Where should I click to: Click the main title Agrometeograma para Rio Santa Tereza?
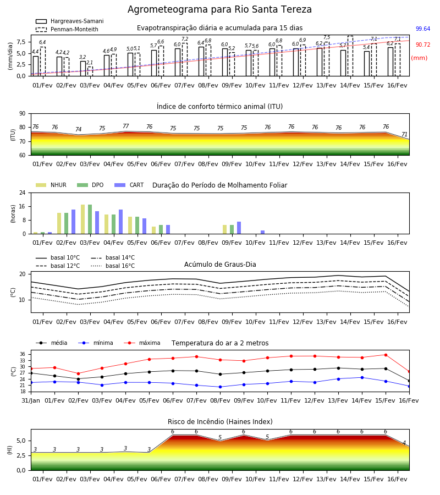(219, 9)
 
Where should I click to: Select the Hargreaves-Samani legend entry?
(69, 21)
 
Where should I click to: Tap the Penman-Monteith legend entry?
(67, 29)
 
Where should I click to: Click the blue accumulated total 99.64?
(423, 29)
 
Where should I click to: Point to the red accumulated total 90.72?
(423, 45)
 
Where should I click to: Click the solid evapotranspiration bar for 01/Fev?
(36, 66)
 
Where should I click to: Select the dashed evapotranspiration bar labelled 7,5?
(327, 59)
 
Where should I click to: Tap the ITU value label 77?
(125, 127)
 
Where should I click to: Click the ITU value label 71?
(404, 135)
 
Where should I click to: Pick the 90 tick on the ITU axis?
(23, 114)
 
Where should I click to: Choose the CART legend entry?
(129, 185)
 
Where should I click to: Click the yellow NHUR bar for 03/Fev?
(82, 219)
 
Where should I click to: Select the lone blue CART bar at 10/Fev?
(262, 232)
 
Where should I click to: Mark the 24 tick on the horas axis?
(23, 193)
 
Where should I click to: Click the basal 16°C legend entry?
(113, 266)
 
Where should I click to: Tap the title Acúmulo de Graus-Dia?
(220, 265)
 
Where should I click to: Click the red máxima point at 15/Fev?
(386, 355)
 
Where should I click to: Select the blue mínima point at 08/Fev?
(221, 387)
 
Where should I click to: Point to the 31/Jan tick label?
(31, 400)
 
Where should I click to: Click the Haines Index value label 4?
(404, 443)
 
